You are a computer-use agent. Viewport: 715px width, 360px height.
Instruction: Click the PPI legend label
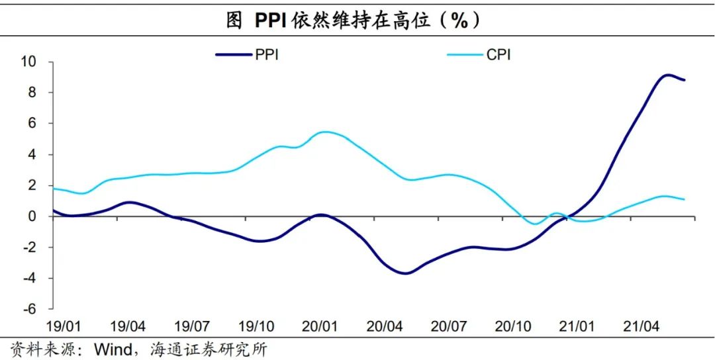pyautogui.click(x=267, y=55)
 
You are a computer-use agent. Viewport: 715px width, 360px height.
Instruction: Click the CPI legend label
pyautogui.click(x=499, y=55)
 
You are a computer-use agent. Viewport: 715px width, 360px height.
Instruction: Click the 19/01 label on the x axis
pyautogui.click(x=64, y=327)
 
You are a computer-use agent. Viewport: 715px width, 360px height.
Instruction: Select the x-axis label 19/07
pyautogui.click(x=193, y=327)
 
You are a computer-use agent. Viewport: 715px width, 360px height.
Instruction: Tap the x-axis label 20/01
pyautogui.click(x=321, y=327)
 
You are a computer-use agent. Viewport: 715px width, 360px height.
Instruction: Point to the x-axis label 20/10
pyautogui.click(x=513, y=327)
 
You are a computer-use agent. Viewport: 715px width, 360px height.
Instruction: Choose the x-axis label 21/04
pyautogui.click(x=642, y=327)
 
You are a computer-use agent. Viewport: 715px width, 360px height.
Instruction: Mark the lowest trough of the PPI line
pyautogui.click(x=406, y=273)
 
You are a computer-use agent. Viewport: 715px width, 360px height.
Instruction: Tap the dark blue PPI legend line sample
pyautogui.click(x=234, y=55)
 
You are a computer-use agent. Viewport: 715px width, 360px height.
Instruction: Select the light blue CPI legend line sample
pyautogui.click(x=465, y=55)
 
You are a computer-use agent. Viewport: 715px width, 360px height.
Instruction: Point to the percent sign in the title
pyautogui.click(x=459, y=21)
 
